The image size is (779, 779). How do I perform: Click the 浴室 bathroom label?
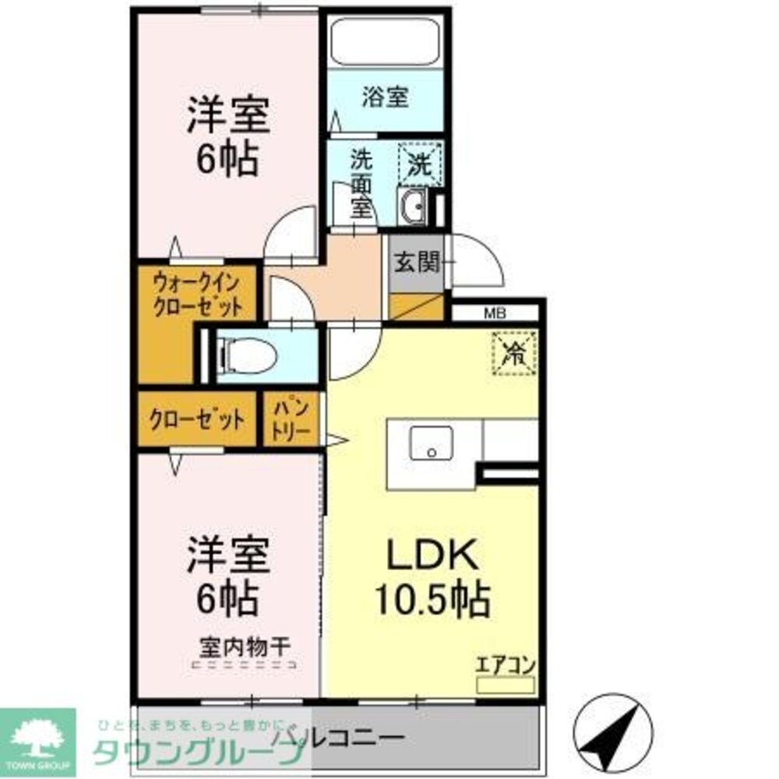(385, 98)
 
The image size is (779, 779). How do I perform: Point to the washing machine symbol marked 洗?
(420, 164)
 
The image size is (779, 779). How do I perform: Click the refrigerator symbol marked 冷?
(514, 353)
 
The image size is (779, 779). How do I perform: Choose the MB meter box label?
(495, 315)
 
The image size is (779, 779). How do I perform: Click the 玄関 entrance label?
(417, 263)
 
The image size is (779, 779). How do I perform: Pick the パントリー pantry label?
(291, 419)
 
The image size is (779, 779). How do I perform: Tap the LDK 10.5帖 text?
(432, 576)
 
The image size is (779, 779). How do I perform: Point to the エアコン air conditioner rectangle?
(506, 685)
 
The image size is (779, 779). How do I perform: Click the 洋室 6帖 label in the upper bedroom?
(227, 138)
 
